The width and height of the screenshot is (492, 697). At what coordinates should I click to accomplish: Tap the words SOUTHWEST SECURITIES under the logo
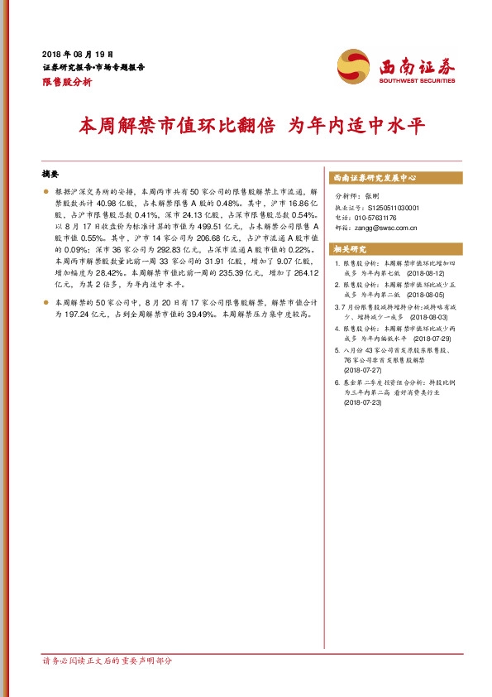tap(418, 81)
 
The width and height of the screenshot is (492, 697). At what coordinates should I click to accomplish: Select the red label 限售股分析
tap(66, 83)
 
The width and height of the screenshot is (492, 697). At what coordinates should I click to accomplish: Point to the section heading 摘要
tap(50, 175)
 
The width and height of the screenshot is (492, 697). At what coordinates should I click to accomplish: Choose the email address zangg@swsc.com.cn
tap(394, 228)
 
